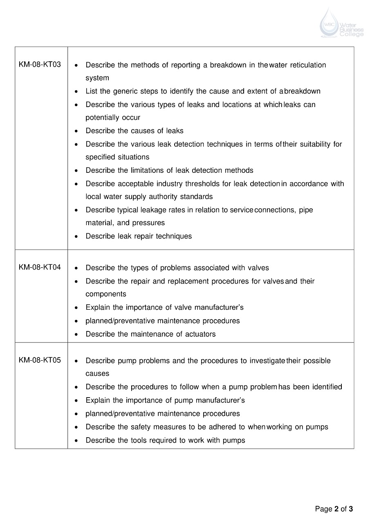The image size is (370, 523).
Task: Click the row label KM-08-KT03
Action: [x=40, y=65]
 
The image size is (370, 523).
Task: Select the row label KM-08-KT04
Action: [x=40, y=267]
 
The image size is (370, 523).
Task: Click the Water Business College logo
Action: [x=341, y=23]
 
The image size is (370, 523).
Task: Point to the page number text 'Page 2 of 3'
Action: [x=334, y=509]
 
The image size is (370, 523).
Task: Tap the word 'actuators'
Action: [x=200, y=334]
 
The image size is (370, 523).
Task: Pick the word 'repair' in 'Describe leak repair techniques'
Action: [x=144, y=236]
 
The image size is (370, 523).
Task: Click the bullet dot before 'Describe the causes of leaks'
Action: [x=76, y=131]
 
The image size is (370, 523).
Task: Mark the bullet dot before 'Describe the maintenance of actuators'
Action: [x=76, y=334]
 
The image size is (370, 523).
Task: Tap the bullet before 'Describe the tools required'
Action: [x=76, y=440]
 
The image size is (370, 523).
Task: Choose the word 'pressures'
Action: [x=149, y=223]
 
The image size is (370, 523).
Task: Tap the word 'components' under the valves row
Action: [x=106, y=294]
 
